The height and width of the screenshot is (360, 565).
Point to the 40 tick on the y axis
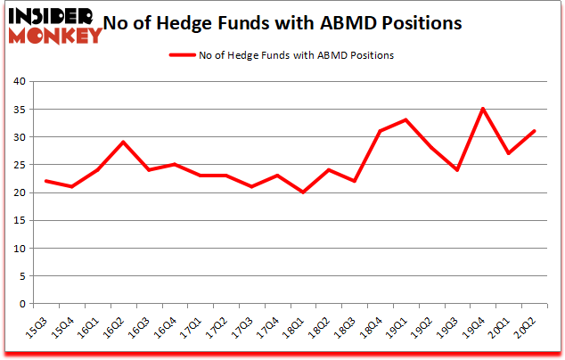(18, 82)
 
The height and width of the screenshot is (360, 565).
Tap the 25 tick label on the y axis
(18, 165)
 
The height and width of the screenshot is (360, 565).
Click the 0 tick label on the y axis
(20, 304)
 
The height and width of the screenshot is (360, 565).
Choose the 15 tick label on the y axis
(18, 221)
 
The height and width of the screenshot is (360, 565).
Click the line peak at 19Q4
(482, 110)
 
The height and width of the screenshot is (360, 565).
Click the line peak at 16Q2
(123, 143)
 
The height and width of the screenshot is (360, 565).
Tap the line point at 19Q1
(405, 120)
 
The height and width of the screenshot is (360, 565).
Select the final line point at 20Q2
(534, 132)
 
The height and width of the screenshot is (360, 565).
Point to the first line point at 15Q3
(46, 182)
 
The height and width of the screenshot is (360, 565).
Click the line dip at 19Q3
(456, 170)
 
